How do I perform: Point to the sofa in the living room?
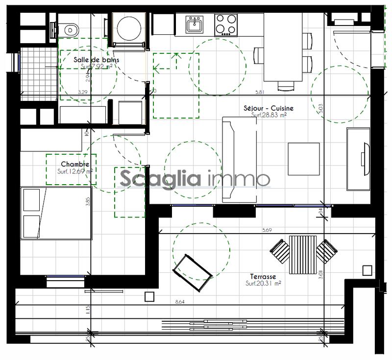[x=239, y=159]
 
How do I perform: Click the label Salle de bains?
[x=96, y=60]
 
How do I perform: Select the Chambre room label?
[x=75, y=164]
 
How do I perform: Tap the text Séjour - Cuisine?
[x=269, y=108]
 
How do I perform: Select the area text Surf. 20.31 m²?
[x=263, y=283]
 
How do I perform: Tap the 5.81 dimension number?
[x=260, y=92]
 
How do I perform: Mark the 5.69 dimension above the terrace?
[x=267, y=229]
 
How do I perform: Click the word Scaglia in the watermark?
[x=160, y=178]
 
